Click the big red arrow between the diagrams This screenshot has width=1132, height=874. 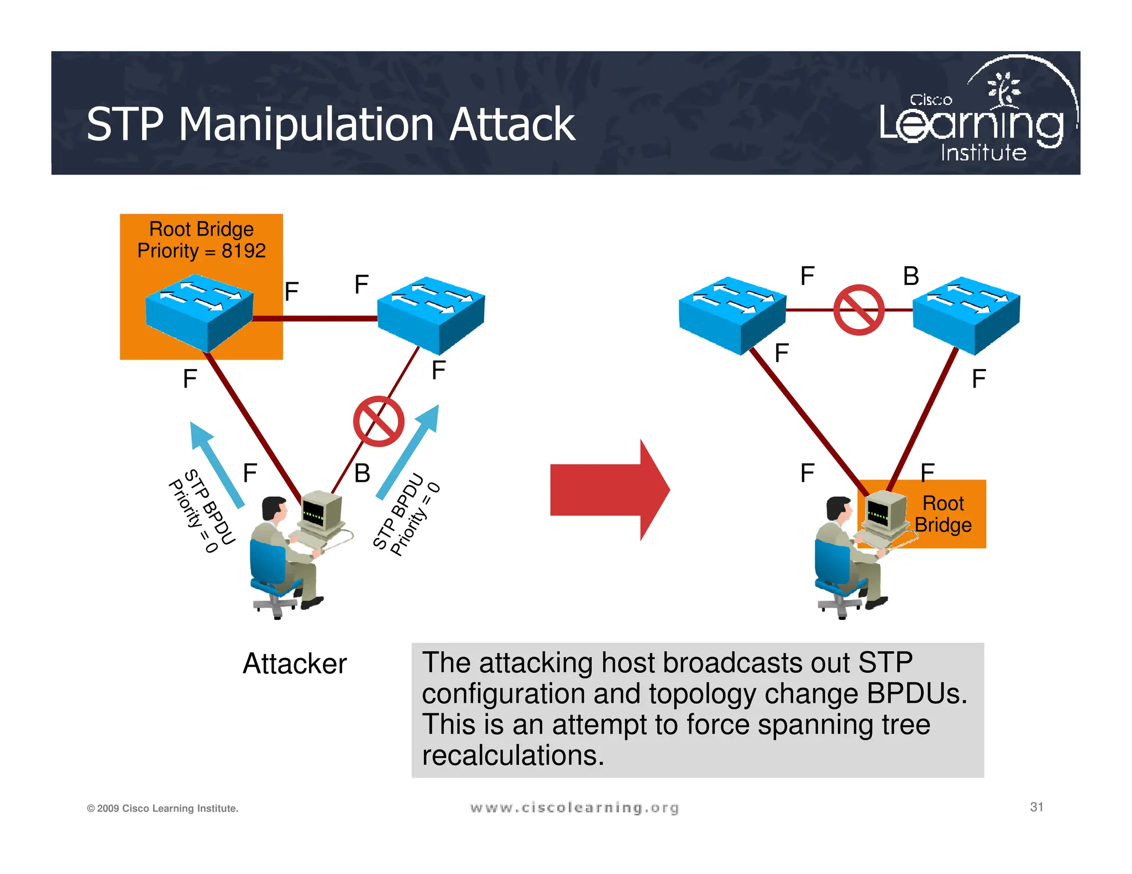(x=608, y=490)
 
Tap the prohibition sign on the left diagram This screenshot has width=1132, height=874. (x=379, y=421)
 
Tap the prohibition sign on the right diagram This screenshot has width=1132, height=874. (x=858, y=310)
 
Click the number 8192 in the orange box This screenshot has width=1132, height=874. (x=243, y=251)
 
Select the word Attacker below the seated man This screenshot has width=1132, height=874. (x=295, y=664)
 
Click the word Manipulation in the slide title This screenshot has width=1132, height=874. (x=307, y=125)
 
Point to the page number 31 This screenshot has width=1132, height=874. (x=1036, y=807)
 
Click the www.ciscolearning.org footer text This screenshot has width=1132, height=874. (x=574, y=808)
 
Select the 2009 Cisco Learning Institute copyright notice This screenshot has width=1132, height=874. (x=163, y=808)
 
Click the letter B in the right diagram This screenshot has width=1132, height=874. (x=911, y=276)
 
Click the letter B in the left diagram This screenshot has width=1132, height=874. (x=362, y=473)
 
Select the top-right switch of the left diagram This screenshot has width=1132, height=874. (x=431, y=314)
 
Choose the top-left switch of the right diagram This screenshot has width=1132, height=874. (x=732, y=314)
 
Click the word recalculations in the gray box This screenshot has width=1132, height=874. (x=513, y=755)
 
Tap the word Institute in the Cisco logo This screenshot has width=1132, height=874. (x=983, y=153)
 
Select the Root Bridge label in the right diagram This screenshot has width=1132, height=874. (x=943, y=514)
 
